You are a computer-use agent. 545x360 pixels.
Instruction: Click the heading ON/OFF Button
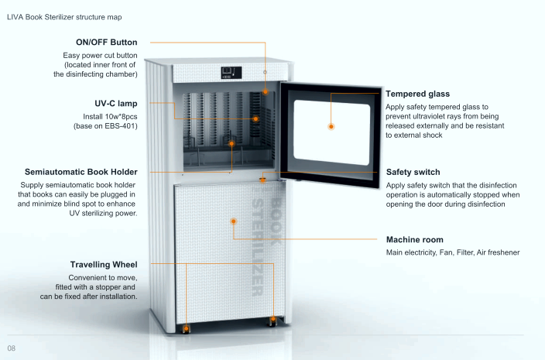coord(106,43)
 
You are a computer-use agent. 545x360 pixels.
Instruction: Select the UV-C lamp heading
coord(116,104)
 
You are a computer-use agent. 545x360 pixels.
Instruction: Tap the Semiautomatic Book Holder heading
coord(81,172)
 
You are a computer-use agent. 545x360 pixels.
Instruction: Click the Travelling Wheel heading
coord(104,265)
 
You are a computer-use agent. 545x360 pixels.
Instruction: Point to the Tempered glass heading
coord(417,94)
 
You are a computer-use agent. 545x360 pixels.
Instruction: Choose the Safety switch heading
coord(413,172)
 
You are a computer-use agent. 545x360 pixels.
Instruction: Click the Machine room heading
coord(415,240)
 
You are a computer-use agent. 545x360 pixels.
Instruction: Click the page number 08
coord(11,348)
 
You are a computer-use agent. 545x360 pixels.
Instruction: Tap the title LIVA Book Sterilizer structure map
coord(64,17)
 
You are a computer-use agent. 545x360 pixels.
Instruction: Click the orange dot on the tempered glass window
coord(331,127)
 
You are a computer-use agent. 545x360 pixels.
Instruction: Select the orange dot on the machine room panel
coord(234,221)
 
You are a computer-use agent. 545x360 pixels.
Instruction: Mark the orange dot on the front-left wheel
coord(187,328)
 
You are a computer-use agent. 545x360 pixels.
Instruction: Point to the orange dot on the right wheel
coord(273,319)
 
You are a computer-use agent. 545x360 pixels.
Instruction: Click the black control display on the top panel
coord(231,73)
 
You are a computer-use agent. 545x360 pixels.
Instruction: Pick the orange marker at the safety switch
coord(262,180)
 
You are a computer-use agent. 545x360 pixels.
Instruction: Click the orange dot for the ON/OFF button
coord(266,91)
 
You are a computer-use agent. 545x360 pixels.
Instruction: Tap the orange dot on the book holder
coord(231,143)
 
